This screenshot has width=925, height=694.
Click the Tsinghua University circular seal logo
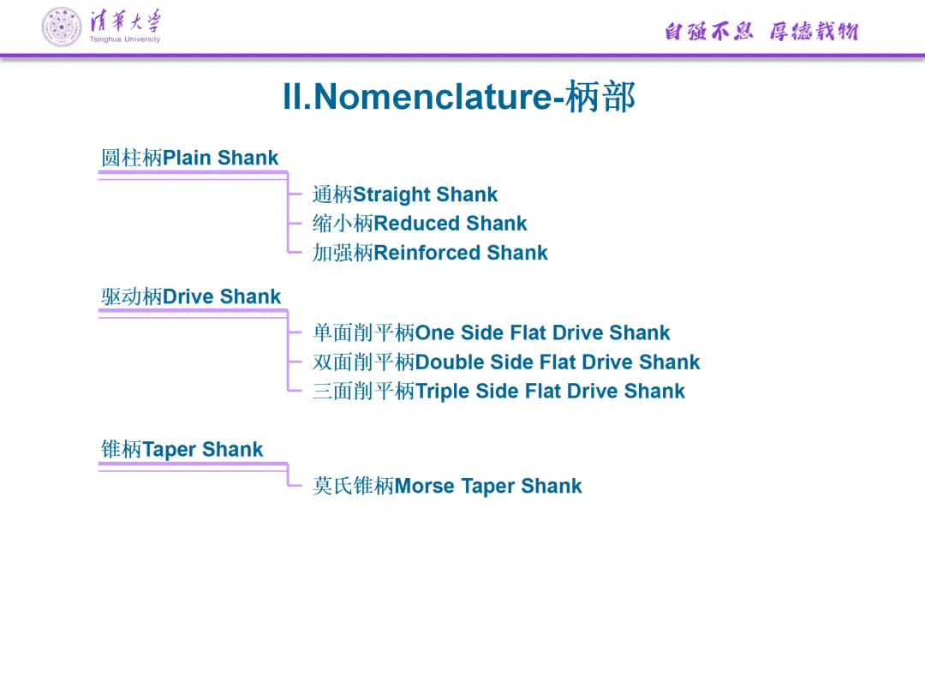63,27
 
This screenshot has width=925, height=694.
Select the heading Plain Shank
220,158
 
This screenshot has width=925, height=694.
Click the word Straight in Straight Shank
391,194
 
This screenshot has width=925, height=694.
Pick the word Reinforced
427,253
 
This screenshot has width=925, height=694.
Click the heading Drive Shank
222,296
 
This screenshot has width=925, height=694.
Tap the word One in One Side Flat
435,332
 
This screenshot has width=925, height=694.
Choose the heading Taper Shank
203,449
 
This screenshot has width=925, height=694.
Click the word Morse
425,486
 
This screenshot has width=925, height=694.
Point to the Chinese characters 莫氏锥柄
353,486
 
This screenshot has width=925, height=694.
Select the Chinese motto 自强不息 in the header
708,32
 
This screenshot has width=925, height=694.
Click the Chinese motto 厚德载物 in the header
814,32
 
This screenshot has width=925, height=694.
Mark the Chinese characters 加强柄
343,253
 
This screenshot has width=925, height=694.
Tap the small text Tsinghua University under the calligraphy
124,39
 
